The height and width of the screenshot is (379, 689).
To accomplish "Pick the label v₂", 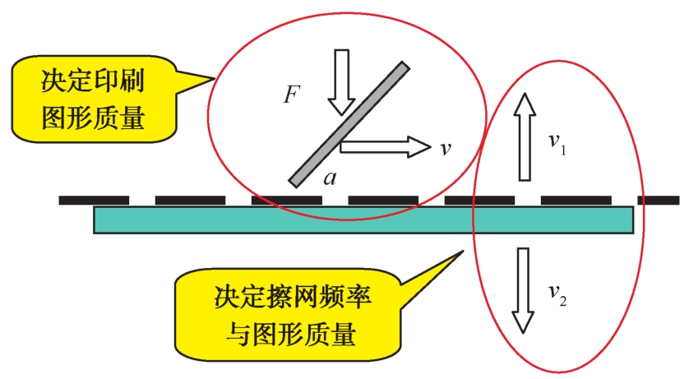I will (x=558, y=292).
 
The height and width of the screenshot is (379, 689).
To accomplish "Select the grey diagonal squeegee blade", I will (x=349, y=122).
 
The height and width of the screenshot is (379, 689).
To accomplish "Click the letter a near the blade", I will (x=329, y=178).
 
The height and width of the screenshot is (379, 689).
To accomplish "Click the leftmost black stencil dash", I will (x=94, y=200).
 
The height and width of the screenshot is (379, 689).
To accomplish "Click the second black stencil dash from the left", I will (x=190, y=200).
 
